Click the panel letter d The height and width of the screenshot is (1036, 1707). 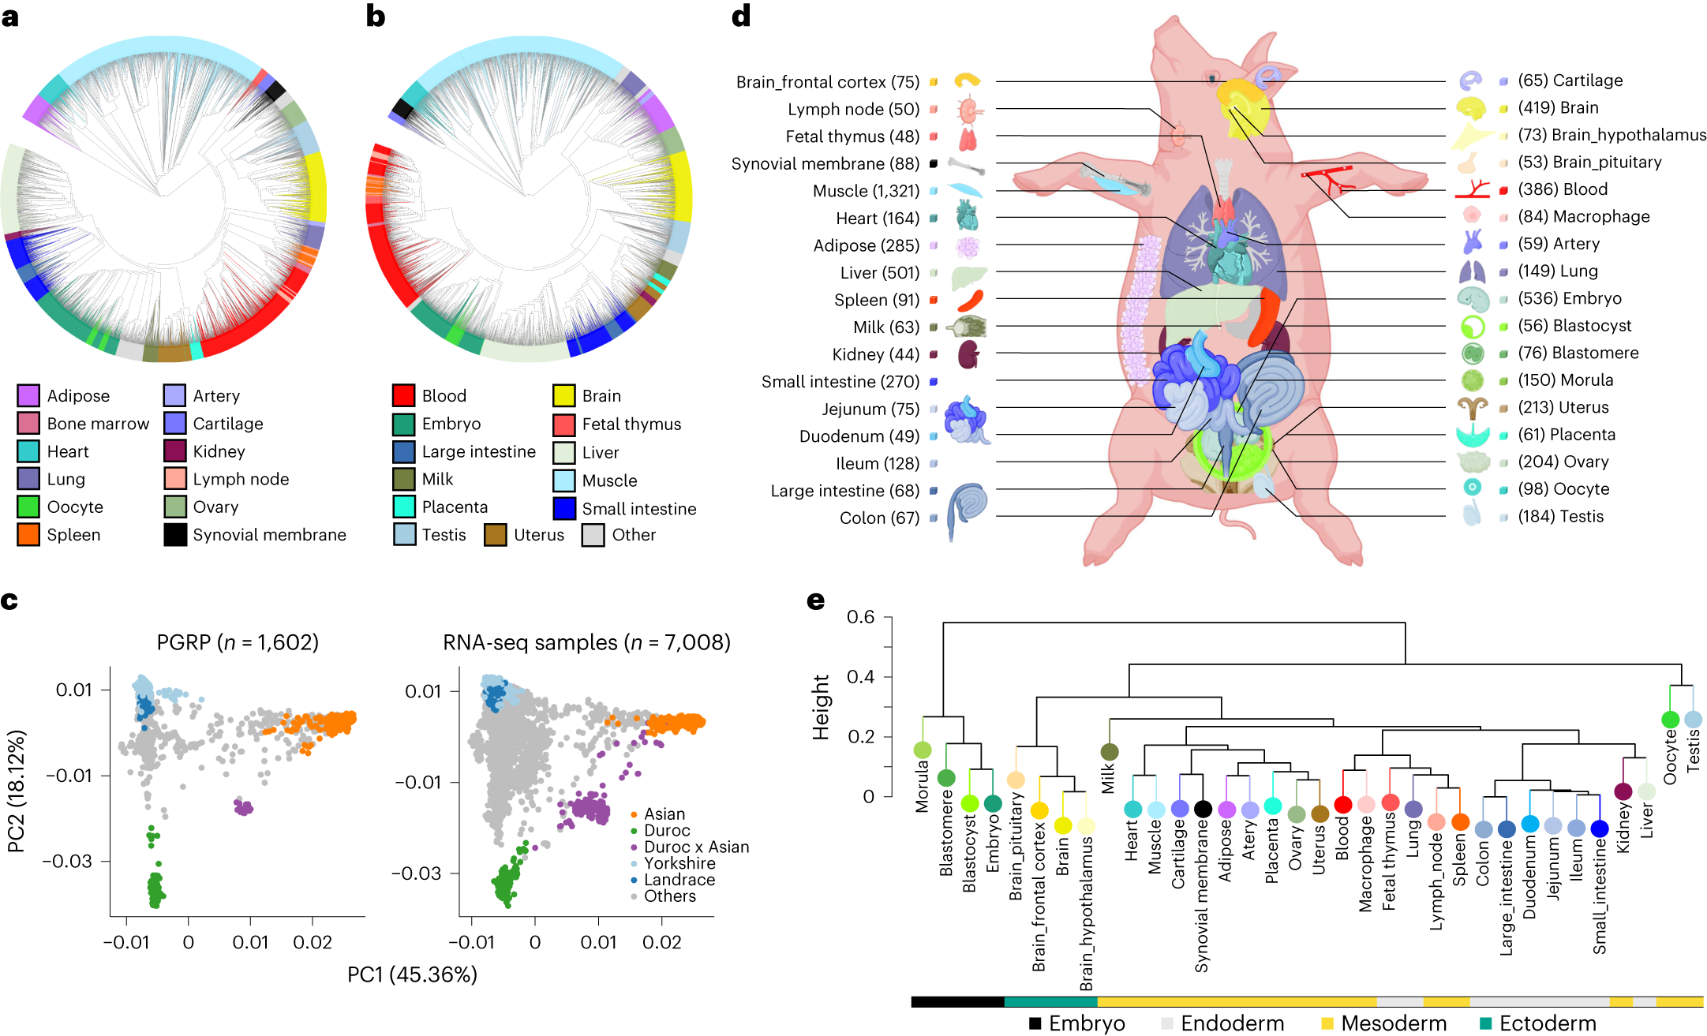pyautogui.click(x=740, y=16)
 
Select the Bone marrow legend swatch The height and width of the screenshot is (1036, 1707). pyautogui.click(x=28, y=424)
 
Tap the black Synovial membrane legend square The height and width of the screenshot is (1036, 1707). pyautogui.click(x=174, y=535)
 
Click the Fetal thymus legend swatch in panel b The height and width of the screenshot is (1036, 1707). pyautogui.click(x=563, y=424)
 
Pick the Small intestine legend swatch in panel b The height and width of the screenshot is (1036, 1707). pyautogui.click(x=563, y=509)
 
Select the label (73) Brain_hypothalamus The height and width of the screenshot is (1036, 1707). pyautogui.click(x=1612, y=135)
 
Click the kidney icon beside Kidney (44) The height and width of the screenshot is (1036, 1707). pyautogui.click(x=968, y=354)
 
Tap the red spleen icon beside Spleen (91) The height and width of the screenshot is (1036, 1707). pyautogui.click(x=970, y=301)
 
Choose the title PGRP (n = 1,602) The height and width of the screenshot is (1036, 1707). pyautogui.click(x=238, y=642)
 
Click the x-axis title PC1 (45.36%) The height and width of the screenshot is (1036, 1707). pyautogui.click(x=412, y=975)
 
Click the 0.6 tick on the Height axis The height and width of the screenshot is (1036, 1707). pyautogui.click(x=860, y=617)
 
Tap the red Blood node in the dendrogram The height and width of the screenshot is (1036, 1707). pyautogui.click(x=1342, y=805)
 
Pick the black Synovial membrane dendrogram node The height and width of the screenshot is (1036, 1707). pyautogui.click(x=1203, y=809)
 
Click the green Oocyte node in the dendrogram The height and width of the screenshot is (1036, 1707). pyautogui.click(x=1670, y=720)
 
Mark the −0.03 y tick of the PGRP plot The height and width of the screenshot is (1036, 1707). pyautogui.click(x=67, y=861)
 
